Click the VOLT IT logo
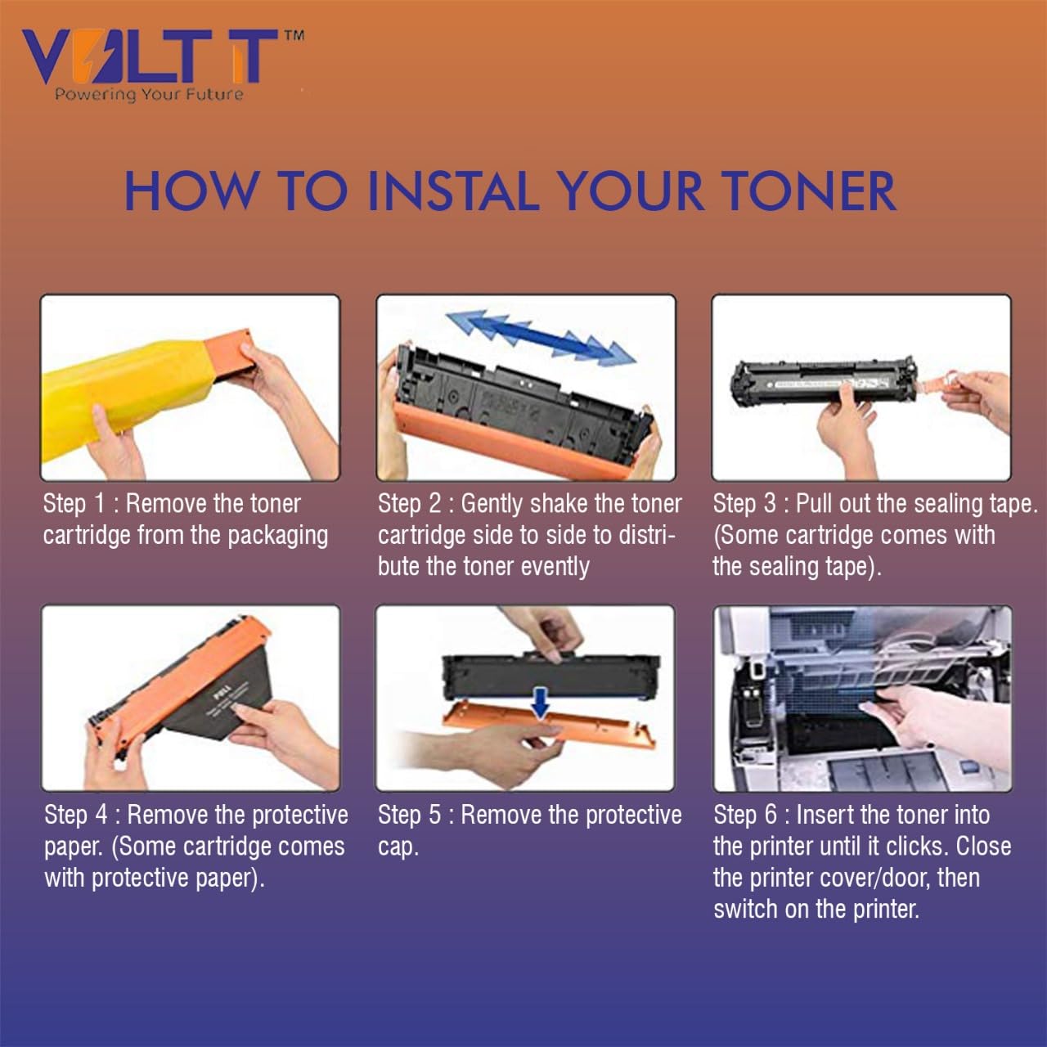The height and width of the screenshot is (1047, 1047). (x=151, y=57)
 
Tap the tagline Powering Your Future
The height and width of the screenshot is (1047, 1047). (x=149, y=94)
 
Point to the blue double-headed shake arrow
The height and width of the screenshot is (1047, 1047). (x=540, y=336)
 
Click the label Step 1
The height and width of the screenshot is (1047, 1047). (x=74, y=504)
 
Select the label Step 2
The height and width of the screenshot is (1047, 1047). (x=409, y=504)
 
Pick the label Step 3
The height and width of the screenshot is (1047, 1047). (x=744, y=504)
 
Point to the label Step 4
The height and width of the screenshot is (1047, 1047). (x=76, y=815)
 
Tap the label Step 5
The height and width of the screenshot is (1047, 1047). (x=409, y=815)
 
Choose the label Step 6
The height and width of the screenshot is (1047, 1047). (x=745, y=815)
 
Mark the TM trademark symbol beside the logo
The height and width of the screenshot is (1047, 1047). (x=294, y=35)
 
